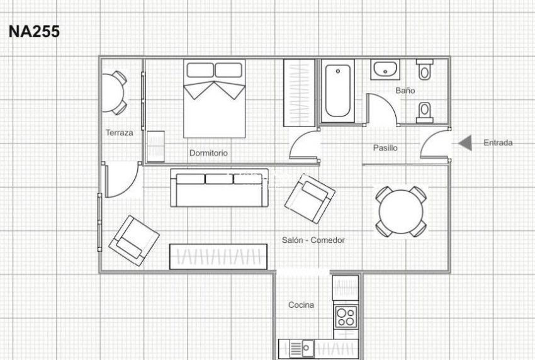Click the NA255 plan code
tap(34, 31)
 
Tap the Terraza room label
tap(119, 133)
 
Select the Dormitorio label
tap(208, 153)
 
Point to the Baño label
tap(405, 91)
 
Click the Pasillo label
tap(385, 148)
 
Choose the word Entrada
tap(498, 143)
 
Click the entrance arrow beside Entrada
tap(465, 143)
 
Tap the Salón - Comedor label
tap(313, 240)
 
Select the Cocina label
tap(301, 305)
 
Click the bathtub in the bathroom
tap(338, 91)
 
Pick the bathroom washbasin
tap(385, 69)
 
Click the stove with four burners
tap(346, 317)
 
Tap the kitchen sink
tap(302, 349)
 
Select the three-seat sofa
tap(220, 188)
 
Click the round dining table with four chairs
tap(401, 211)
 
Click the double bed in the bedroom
tap(214, 99)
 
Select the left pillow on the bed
tap(200, 70)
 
